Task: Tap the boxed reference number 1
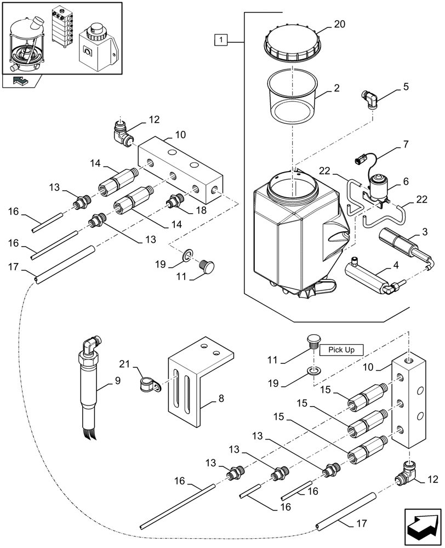pyautogui.click(x=220, y=39)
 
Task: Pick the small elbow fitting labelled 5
pyautogui.click(x=370, y=100)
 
